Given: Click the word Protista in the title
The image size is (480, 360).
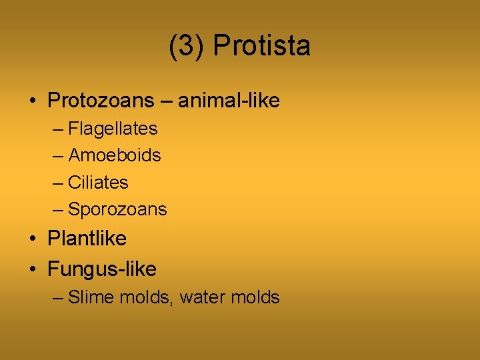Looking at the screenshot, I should click(262, 47).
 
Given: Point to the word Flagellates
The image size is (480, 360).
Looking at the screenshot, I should click(113, 128).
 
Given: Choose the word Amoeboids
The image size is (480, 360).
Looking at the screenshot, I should click(115, 155).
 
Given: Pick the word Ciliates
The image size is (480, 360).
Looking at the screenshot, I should click(99, 182).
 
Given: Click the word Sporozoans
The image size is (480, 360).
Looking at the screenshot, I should click(117, 209).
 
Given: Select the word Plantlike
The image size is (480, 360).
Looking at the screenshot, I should click(87, 238).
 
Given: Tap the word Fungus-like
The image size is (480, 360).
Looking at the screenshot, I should click(102, 269).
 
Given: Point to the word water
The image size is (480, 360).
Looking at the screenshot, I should click(202, 297).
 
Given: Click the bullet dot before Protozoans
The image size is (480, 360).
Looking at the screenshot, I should click(32, 102).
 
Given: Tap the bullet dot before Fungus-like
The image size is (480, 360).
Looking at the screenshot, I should click(32, 270).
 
